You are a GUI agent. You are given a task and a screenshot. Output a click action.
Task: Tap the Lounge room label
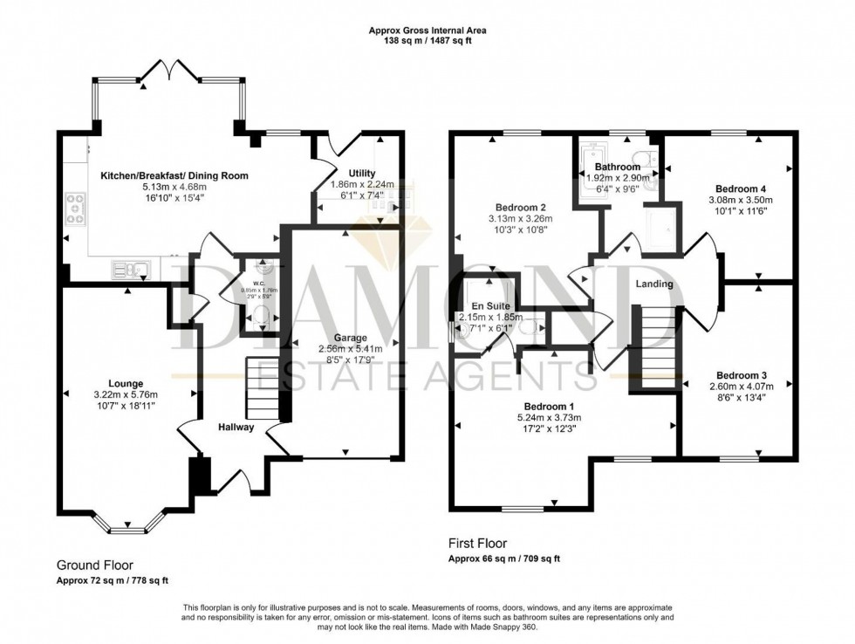point(126,383)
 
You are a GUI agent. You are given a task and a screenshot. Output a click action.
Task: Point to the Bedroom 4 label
point(741,188)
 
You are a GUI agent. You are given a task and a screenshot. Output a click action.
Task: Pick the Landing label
point(653,284)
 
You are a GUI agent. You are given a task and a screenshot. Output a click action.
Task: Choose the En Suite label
point(489,306)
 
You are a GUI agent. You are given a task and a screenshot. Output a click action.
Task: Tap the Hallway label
point(236,428)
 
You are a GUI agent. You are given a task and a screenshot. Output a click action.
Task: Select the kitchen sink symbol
point(133,270)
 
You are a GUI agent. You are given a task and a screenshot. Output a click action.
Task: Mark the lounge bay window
point(127,524)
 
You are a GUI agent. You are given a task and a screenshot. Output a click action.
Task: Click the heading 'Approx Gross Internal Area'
point(427,31)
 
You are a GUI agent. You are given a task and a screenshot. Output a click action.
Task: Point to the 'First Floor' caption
point(477,543)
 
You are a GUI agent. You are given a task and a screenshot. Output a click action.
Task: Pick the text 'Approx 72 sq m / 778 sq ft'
point(113,580)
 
